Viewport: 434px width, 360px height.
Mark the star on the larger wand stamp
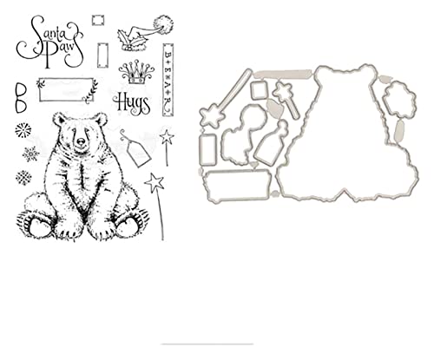coord(156,182)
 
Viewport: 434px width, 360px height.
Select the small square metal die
coord(257,88)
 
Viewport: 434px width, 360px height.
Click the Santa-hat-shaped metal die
coord(247,122)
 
